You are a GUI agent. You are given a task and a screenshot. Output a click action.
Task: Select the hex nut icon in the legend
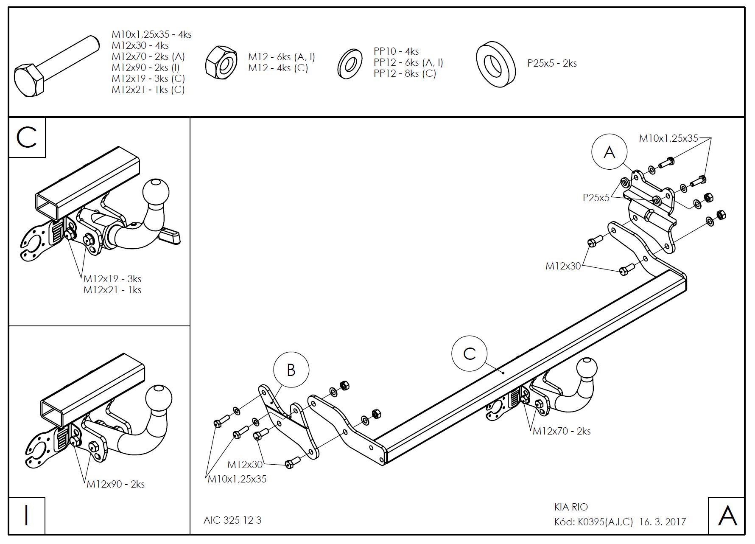pos(221,62)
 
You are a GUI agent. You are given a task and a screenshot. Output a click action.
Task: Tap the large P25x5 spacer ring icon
pos(495,64)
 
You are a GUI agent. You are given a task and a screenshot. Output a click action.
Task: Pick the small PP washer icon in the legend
pos(350,64)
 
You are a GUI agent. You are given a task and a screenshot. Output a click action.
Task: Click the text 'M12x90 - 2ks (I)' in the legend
pos(145,67)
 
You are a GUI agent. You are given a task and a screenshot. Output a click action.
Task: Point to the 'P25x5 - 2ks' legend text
pos(552,63)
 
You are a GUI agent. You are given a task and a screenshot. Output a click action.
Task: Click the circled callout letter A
pos(609,152)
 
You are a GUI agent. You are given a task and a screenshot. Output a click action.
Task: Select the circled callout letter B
pos(291,370)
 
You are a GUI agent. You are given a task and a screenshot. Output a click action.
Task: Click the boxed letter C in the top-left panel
pos(27,138)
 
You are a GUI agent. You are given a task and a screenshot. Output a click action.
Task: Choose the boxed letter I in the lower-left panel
pos(27,515)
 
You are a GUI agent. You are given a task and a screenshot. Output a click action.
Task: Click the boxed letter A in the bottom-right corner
pos(727,516)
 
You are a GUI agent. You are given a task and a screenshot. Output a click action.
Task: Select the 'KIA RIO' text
pos(571,507)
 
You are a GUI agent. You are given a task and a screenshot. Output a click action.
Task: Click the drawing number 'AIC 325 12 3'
pos(232,520)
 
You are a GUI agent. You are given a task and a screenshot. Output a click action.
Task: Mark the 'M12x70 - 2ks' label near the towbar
pos(561,431)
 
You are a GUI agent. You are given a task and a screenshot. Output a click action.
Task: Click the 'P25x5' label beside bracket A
pos(596,197)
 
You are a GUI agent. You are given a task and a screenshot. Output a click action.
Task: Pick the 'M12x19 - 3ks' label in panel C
pos(112,279)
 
